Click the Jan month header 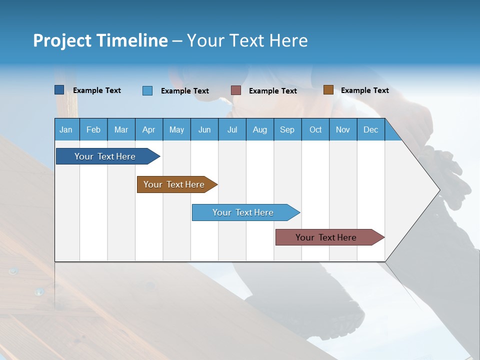pyautogui.click(x=66, y=129)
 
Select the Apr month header pyautogui.click(x=148, y=129)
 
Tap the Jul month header pyautogui.click(x=232, y=129)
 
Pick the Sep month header pyautogui.click(x=287, y=129)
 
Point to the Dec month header pyautogui.click(x=370, y=129)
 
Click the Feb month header pyautogui.click(x=93, y=129)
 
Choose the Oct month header pyautogui.click(x=315, y=129)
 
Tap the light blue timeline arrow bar pyautogui.click(x=243, y=212)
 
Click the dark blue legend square pyautogui.click(x=59, y=90)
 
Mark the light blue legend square pyautogui.click(x=147, y=90)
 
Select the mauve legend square pyautogui.click(x=236, y=90)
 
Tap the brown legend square pyautogui.click(x=328, y=90)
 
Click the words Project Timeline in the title pyautogui.click(x=100, y=40)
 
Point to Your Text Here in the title pyautogui.click(x=247, y=40)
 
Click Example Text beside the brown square pyautogui.click(x=364, y=90)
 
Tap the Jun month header pyautogui.click(x=204, y=129)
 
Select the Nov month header pyautogui.click(x=342, y=129)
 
